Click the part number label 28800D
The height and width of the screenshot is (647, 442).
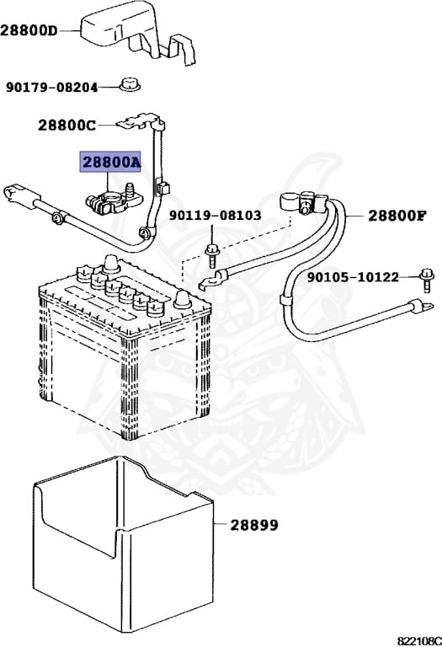(29, 31)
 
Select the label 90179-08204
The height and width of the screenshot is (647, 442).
(51, 87)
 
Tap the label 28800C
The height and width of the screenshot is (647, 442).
(67, 126)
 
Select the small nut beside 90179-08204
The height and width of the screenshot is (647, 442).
(128, 84)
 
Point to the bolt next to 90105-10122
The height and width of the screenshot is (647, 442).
(425, 276)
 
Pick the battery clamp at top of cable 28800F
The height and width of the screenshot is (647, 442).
(299, 203)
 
